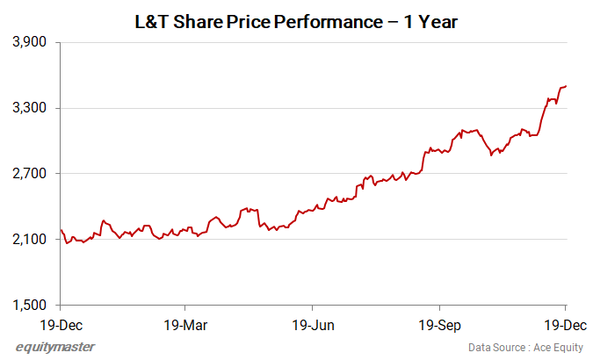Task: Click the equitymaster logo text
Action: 55,346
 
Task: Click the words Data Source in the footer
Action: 497,347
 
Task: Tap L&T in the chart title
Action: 149,18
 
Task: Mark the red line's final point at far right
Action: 567,86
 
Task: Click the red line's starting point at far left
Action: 60,230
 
